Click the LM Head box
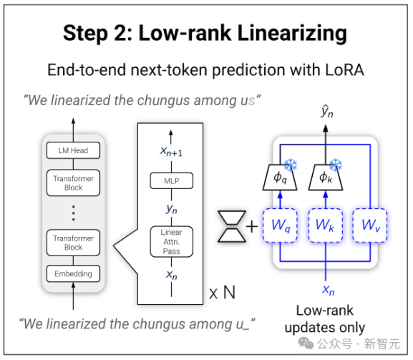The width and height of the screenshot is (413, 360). coord(73,150)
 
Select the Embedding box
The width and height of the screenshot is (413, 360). coord(73,273)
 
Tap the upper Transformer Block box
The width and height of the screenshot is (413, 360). coord(73,183)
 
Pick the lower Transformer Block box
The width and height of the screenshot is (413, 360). coord(73,243)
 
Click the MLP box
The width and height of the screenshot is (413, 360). coord(172,180)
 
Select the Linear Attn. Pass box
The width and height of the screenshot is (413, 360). coord(172,242)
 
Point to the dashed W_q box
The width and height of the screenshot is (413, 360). coord(280,225)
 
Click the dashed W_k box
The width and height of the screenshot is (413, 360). coord(326,225)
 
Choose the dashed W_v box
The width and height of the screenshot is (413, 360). coord(370,225)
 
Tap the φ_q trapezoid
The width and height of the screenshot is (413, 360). coord(280,177)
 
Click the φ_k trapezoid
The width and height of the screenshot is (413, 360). coord(326,177)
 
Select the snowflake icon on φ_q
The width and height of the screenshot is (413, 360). coord(291,165)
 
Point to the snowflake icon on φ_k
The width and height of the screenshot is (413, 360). coord(336,165)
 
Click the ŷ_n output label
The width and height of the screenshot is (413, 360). coord(327,112)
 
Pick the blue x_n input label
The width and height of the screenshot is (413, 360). coord(329,290)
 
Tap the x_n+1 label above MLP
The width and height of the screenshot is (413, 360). coord(172,152)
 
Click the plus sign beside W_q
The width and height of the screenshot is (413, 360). coord(252,226)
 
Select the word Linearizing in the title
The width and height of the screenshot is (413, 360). coord(292,34)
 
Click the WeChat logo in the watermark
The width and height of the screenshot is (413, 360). coord(306,343)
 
